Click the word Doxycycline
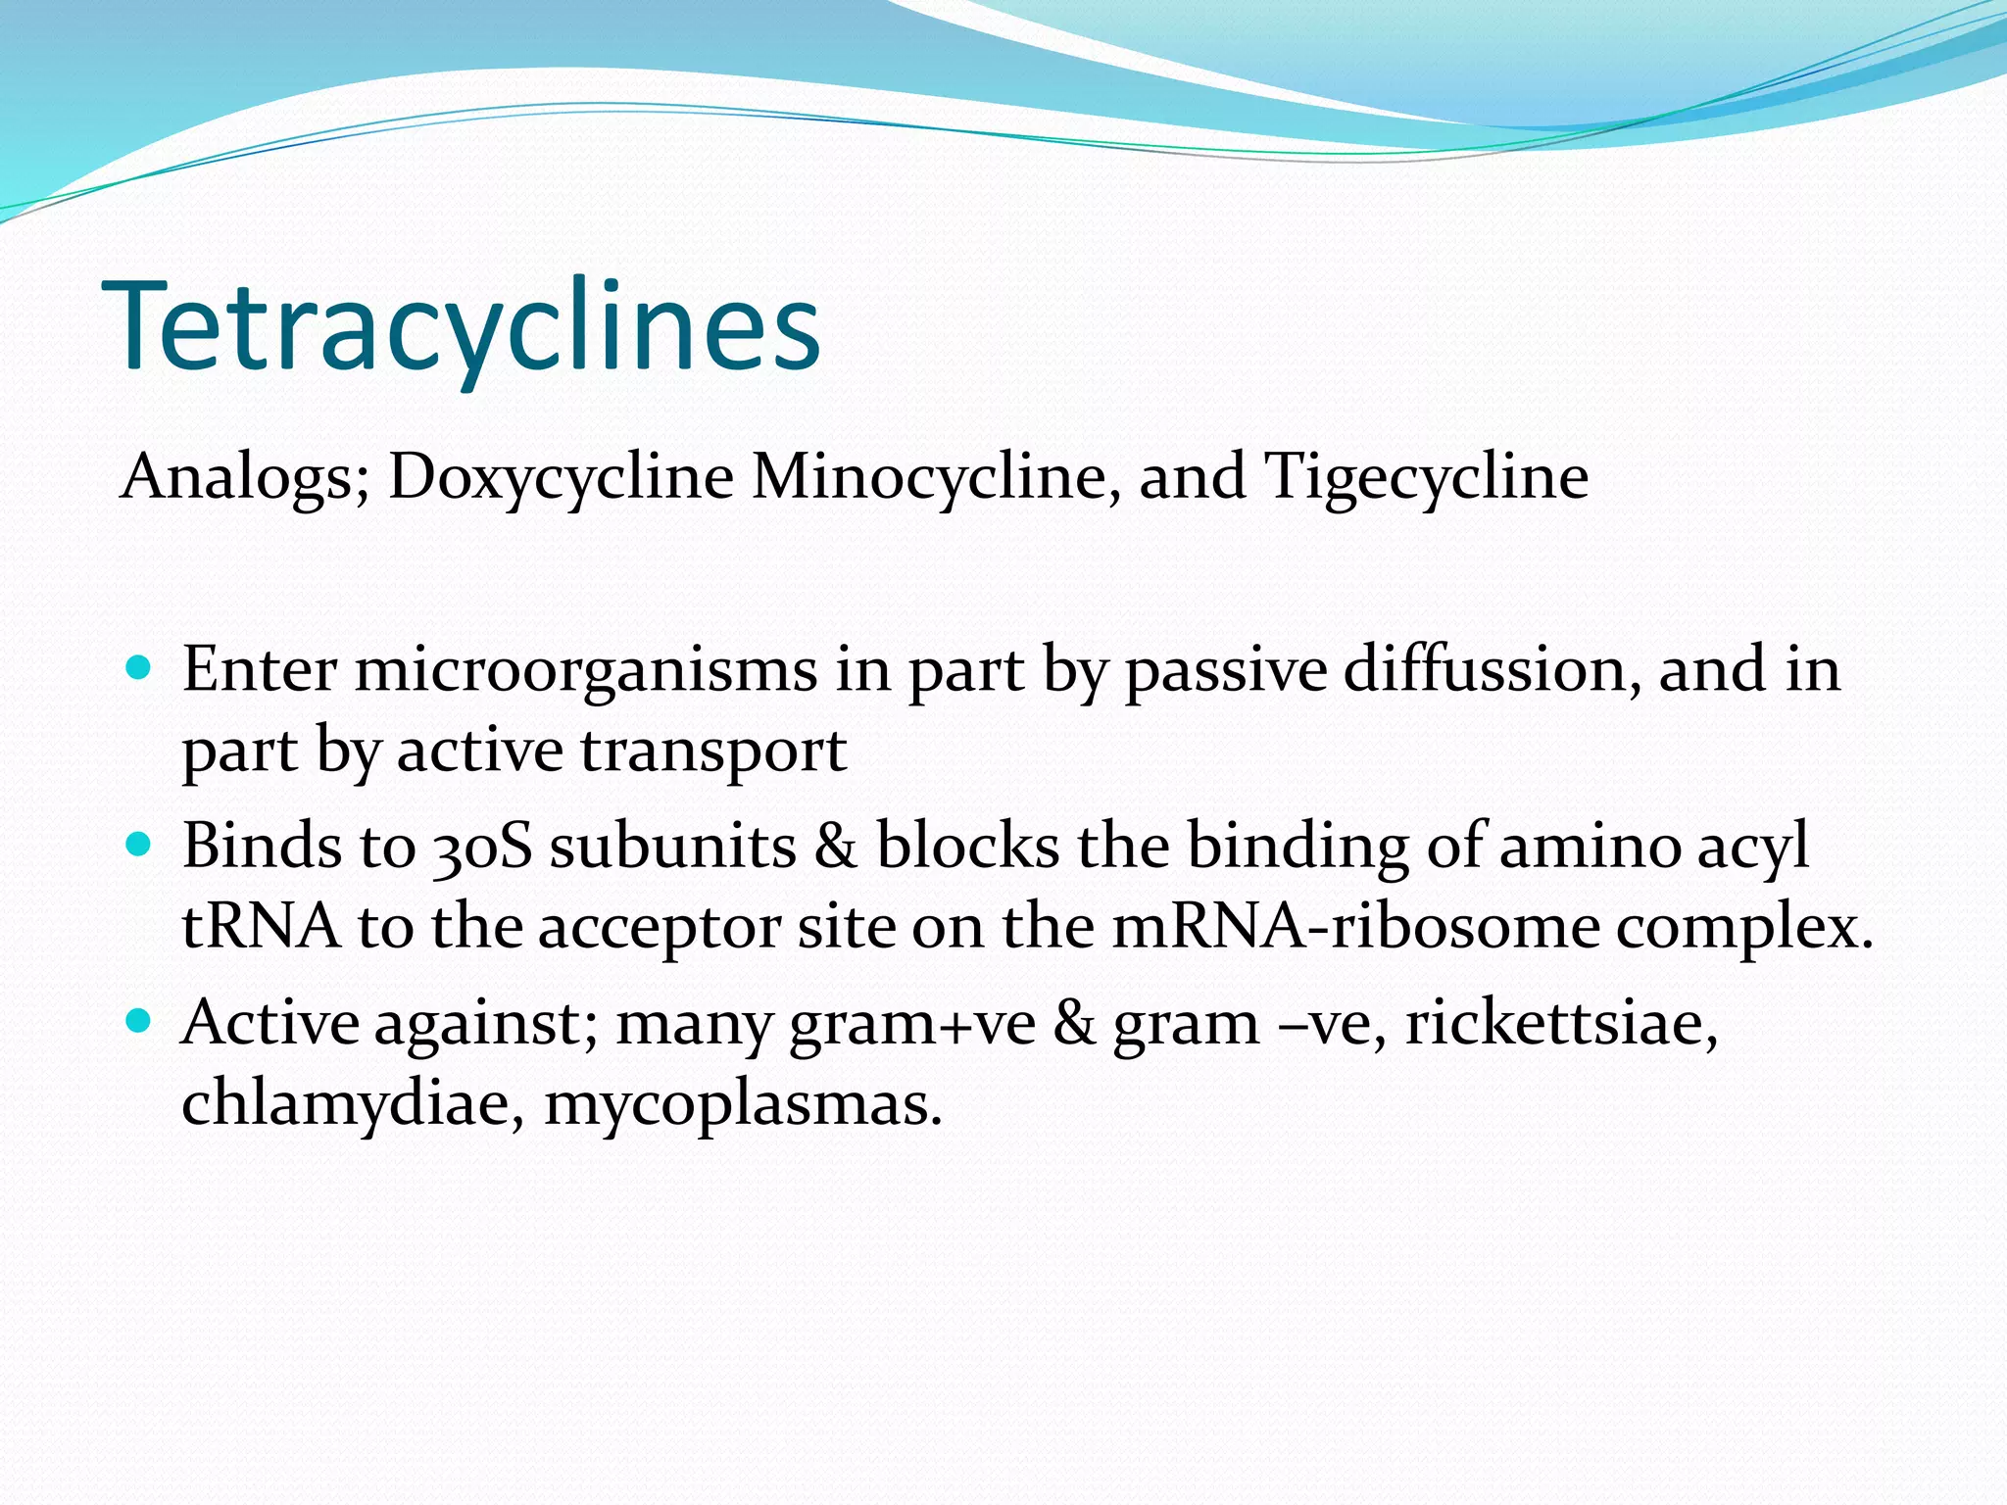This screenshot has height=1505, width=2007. tap(561, 477)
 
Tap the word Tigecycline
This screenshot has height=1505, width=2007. tap(1426, 477)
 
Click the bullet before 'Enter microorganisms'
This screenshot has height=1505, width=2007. tap(139, 668)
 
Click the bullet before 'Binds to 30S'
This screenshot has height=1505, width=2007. tap(139, 845)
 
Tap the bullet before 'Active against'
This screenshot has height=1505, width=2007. tap(139, 1022)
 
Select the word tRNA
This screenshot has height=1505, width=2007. tap(261, 926)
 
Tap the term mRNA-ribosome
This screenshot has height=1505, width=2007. tap(1355, 926)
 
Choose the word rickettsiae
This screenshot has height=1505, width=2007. tap(1561, 1024)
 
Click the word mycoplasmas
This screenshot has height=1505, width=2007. tap(742, 1105)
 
